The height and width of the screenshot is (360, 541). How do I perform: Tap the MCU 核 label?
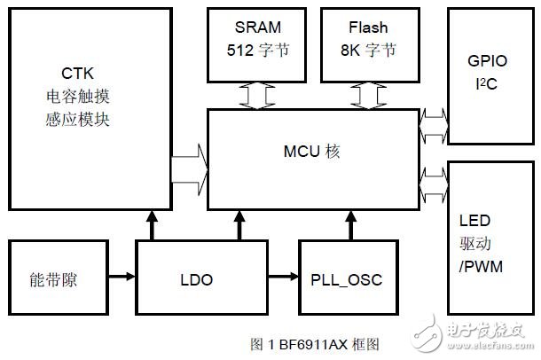(313, 153)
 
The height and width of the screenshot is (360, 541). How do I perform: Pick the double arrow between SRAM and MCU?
(258, 96)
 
